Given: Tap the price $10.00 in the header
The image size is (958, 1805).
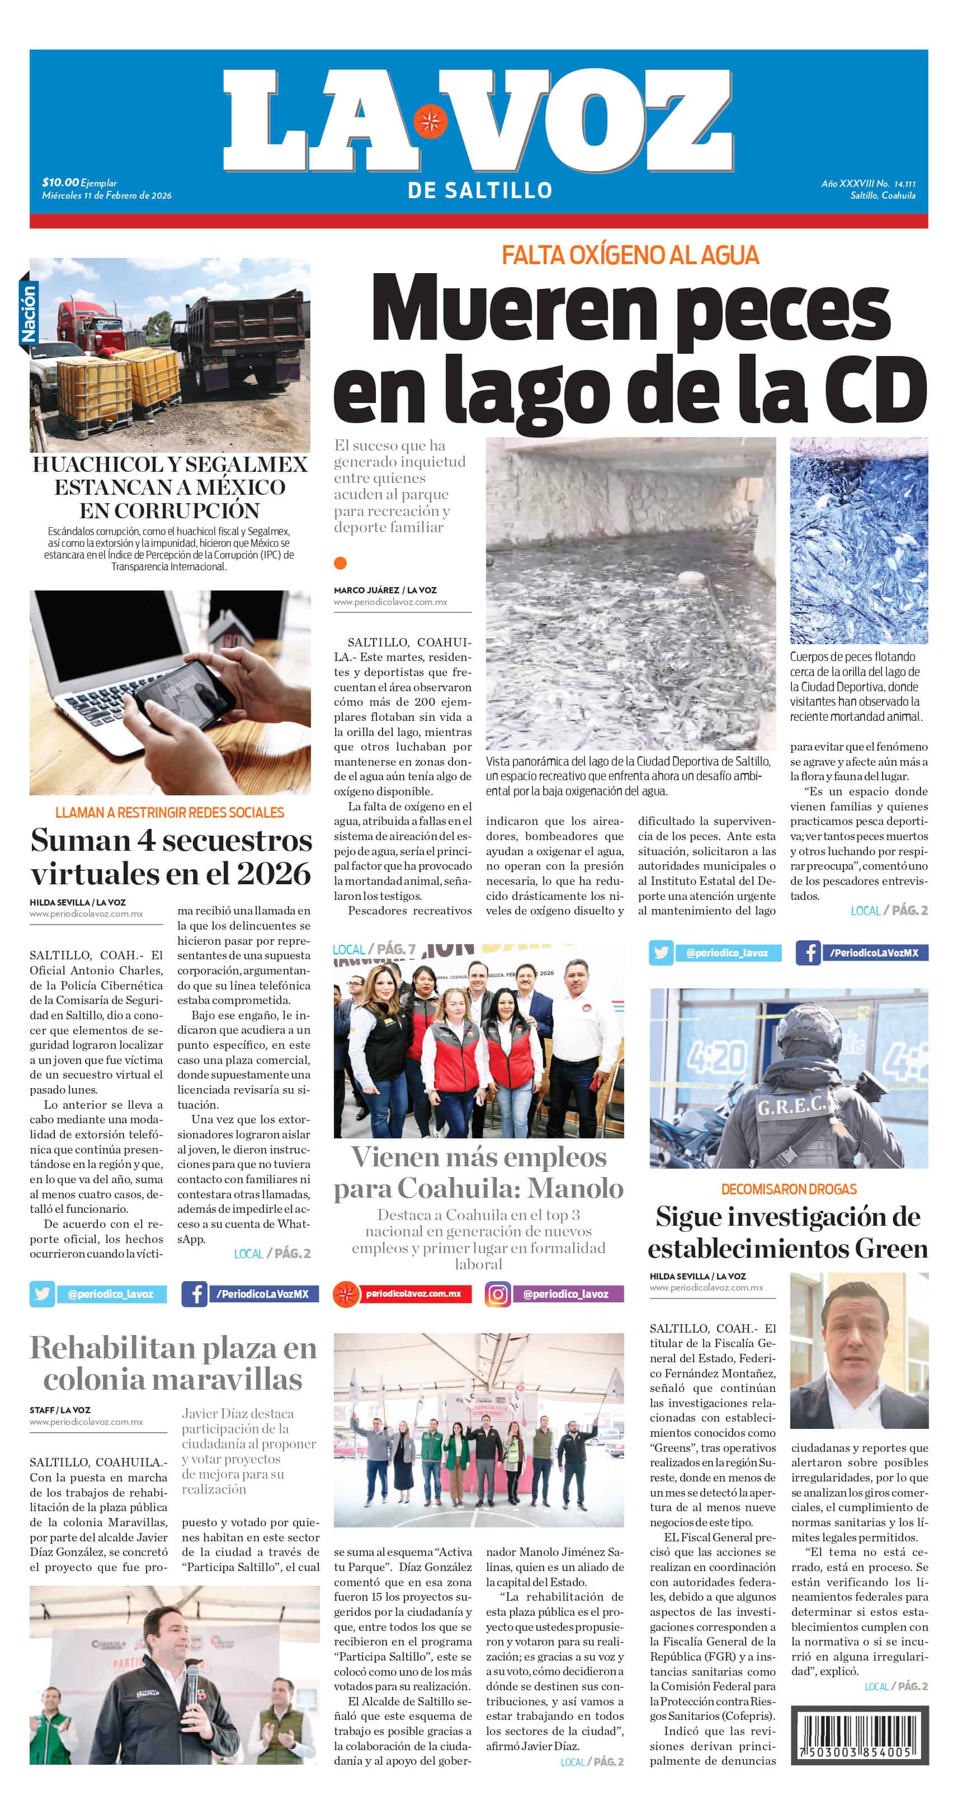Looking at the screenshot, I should point(60,182).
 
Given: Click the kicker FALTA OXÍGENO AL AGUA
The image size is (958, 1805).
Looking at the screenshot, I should point(630,255).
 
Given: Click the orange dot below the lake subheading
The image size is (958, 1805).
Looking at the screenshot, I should point(341,562).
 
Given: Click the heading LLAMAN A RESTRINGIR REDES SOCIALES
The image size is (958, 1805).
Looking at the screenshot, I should point(169,813).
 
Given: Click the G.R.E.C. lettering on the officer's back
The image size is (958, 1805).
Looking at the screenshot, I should point(791,1106).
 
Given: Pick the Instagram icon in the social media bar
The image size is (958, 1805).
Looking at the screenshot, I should point(497,1293).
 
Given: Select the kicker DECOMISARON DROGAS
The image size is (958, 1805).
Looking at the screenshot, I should point(789,1189).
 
